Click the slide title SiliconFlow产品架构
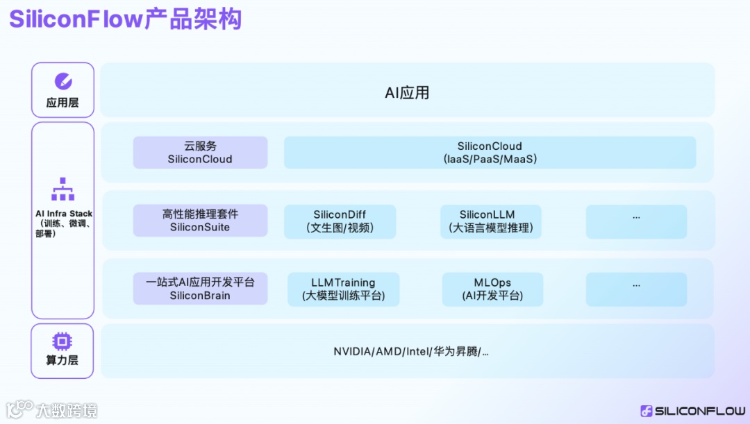(125, 19)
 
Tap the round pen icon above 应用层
(62, 81)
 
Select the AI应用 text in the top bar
(407, 93)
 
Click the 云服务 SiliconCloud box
(200, 153)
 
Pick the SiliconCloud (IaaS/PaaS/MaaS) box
(490, 153)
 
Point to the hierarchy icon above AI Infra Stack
(62, 189)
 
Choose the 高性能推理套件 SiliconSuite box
(200, 221)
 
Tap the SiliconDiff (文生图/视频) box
(340, 221)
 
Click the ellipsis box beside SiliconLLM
(636, 221)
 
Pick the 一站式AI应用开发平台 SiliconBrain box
(200, 289)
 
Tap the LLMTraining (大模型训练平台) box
(343, 289)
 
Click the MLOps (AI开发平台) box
(492, 289)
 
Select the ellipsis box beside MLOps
(636, 289)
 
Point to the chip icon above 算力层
(62, 341)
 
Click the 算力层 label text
(62, 360)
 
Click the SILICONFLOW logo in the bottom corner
(692, 411)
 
